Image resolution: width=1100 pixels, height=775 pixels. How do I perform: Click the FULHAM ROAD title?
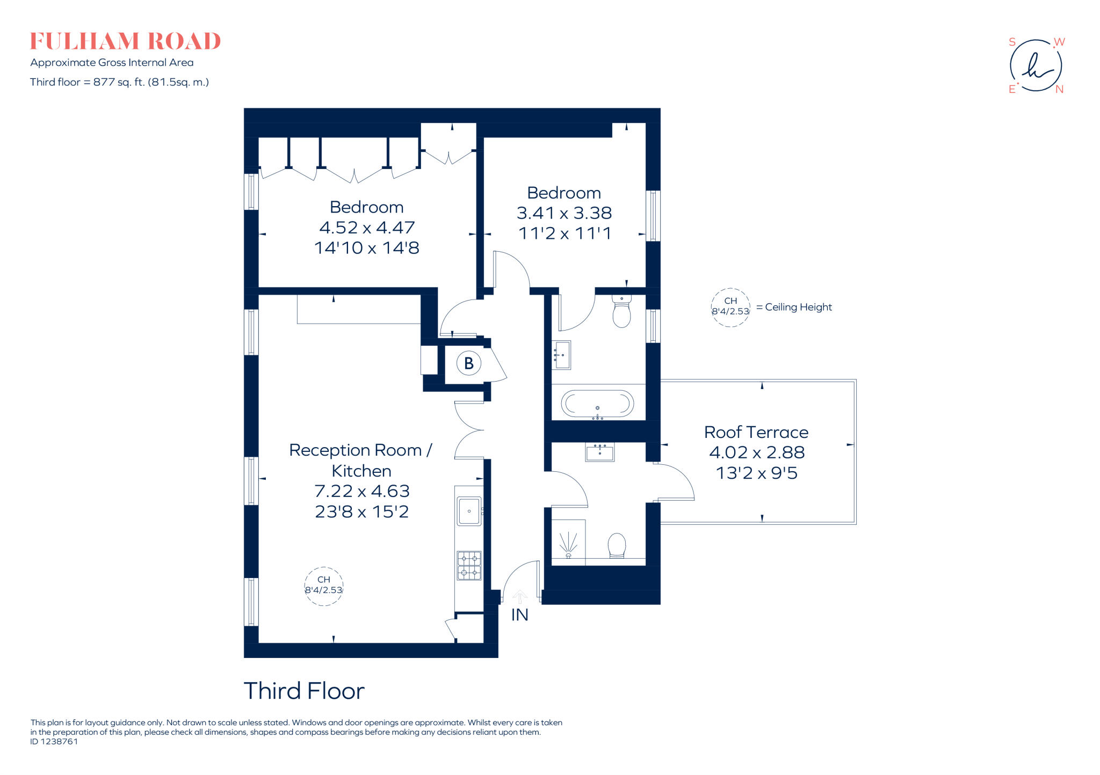[125, 41]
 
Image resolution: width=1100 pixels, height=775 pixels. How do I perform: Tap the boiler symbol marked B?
[468, 363]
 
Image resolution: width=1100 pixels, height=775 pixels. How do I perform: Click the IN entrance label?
[519, 615]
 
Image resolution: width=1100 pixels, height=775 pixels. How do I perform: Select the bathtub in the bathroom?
[597, 403]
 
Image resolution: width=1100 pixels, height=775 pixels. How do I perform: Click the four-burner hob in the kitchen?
[469, 565]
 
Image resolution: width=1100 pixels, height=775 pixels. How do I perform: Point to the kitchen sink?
[469, 511]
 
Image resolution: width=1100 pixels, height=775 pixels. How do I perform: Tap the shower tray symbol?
[568, 542]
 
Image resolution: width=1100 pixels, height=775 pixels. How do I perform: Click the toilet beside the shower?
[617, 545]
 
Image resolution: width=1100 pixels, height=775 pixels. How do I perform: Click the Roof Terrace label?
[756, 432]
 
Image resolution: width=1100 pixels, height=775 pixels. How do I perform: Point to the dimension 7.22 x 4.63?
[361, 491]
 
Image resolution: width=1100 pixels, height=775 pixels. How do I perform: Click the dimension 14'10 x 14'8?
[366, 248]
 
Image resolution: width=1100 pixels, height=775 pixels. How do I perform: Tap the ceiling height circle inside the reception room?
[323, 586]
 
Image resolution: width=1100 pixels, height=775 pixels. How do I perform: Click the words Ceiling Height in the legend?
[798, 307]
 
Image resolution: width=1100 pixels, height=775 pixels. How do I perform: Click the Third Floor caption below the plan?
[304, 691]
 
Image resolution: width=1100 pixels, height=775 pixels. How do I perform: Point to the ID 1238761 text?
[54, 742]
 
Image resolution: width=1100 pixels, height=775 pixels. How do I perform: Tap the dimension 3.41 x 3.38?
[564, 213]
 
